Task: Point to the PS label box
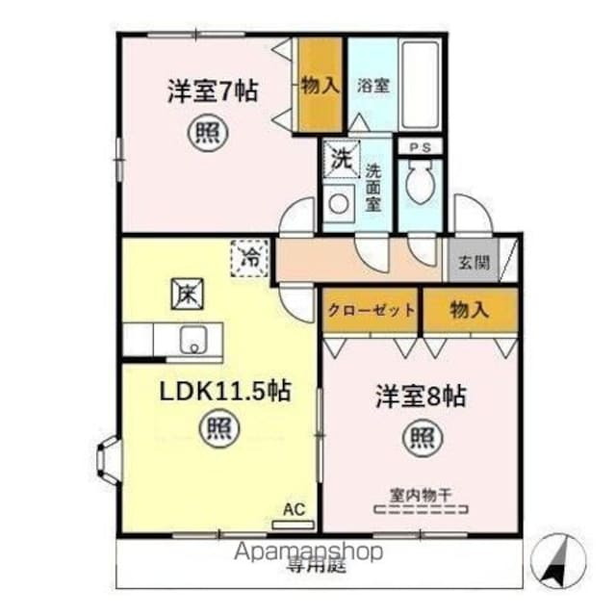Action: point(420,147)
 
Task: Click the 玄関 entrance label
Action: point(472,263)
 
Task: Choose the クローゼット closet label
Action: point(372,310)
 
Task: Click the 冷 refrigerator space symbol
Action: point(249,258)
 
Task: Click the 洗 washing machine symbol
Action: point(341,156)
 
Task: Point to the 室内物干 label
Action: point(421,495)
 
